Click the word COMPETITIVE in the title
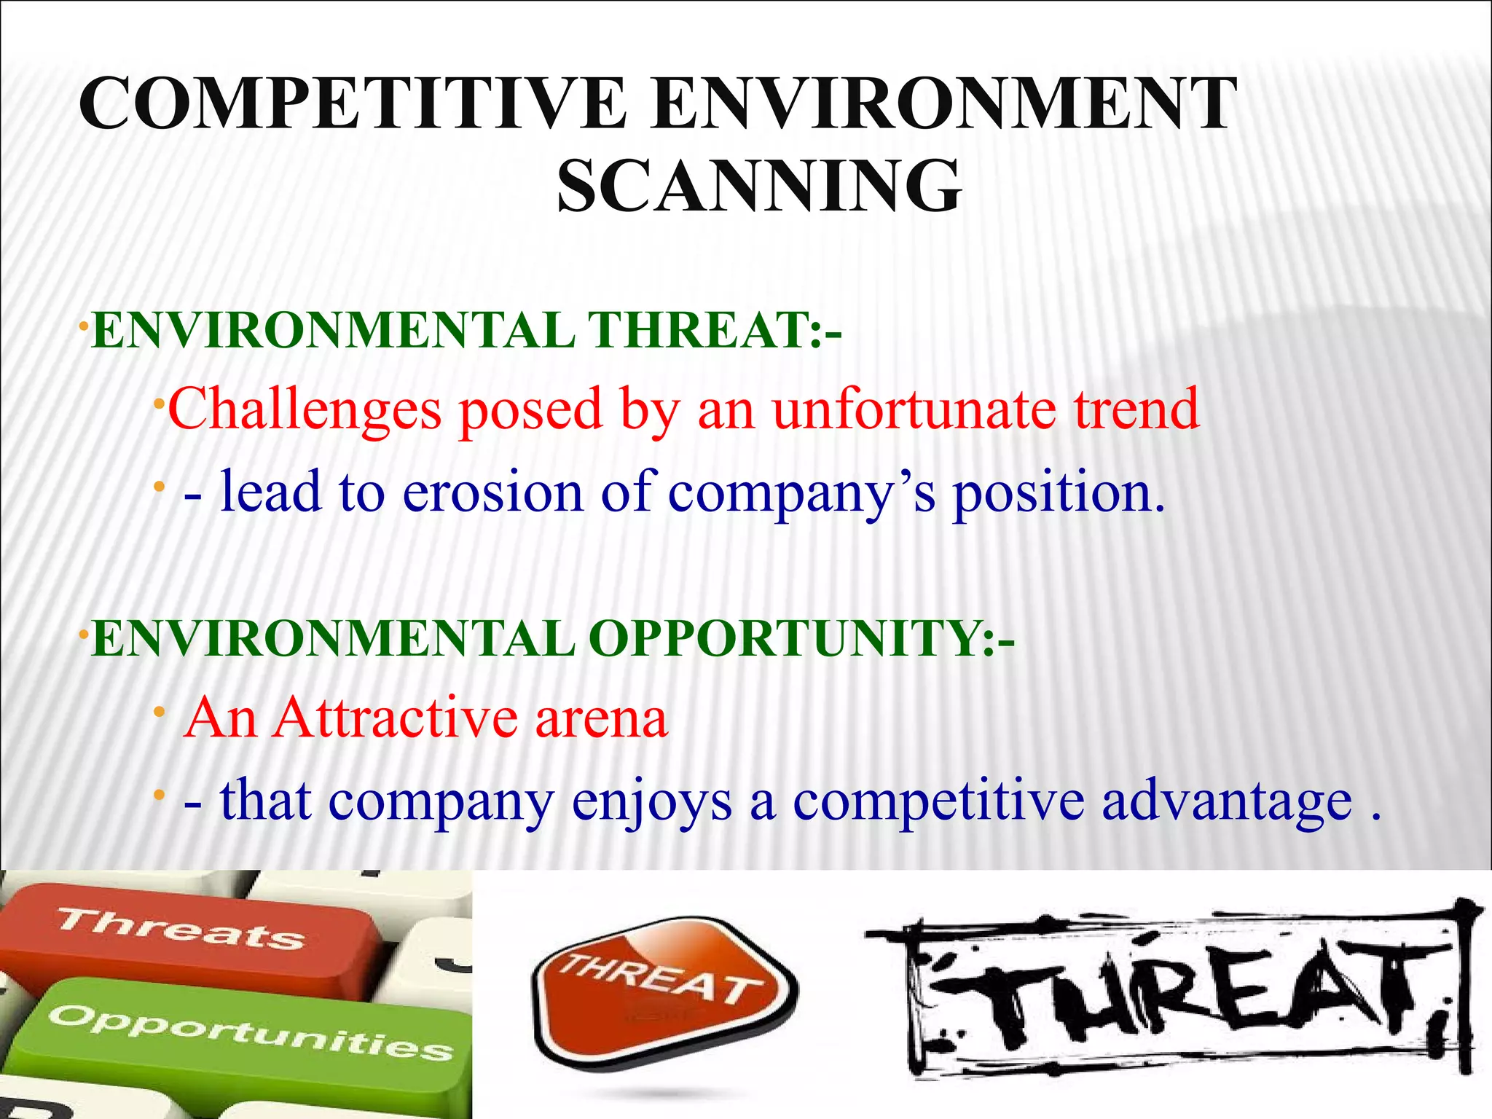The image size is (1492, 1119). click(x=353, y=104)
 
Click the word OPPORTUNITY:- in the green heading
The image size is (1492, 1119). click(x=801, y=639)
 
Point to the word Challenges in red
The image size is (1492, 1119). click(x=305, y=410)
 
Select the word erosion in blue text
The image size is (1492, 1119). click(x=493, y=492)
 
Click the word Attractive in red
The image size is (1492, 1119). click(x=396, y=718)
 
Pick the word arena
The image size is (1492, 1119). click(x=601, y=720)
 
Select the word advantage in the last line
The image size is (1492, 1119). click(x=1227, y=801)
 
